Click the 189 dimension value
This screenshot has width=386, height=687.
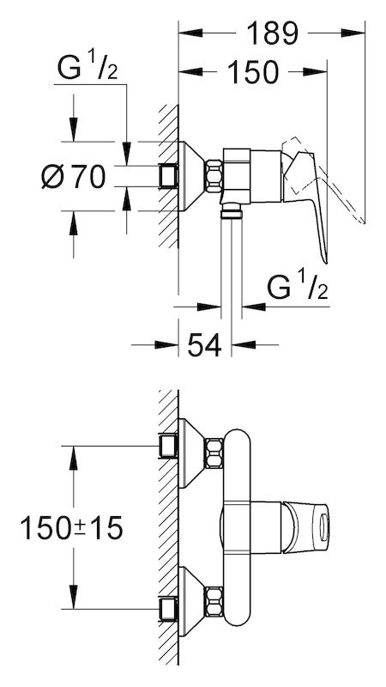[272, 33]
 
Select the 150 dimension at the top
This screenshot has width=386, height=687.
[253, 72]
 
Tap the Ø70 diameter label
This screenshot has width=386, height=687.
[74, 178]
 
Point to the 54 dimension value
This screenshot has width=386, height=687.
[204, 345]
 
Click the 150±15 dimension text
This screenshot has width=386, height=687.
[71, 528]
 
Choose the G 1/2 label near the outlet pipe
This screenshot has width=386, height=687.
[298, 285]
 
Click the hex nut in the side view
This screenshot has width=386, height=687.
[214, 176]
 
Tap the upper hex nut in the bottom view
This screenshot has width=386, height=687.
[214, 453]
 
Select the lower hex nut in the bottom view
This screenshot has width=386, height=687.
[214, 602]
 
